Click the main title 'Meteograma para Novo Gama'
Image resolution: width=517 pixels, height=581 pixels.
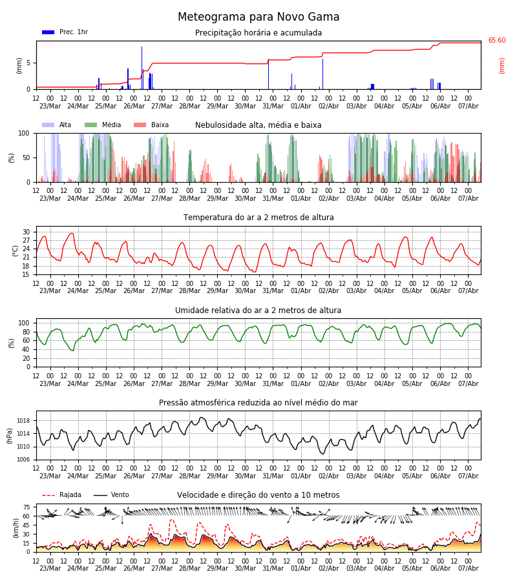pos(258,17)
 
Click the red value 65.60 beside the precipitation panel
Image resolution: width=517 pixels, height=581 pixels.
pos(496,41)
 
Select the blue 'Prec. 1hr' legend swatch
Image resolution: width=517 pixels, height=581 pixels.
pos(48,32)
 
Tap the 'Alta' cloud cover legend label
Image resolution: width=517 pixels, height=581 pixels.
pos(65,125)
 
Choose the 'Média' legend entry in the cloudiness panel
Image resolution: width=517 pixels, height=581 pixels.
pos(111,125)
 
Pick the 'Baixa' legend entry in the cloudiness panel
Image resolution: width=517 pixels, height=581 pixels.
pos(160,125)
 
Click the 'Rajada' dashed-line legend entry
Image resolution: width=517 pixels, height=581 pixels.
pos(70,494)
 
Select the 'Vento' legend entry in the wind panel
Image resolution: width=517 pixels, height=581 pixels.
pos(120,494)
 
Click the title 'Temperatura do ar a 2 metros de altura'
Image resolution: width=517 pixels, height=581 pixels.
pos(258,218)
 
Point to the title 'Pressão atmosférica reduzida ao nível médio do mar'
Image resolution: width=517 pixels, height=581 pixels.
pos(258,403)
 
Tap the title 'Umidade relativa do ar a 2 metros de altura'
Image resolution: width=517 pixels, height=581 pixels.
pos(258,310)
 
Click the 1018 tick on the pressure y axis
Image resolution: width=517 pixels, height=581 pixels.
pos(23,421)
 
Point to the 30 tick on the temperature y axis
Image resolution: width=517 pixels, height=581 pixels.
pos(26,232)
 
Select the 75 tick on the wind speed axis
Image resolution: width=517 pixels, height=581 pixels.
pos(26,507)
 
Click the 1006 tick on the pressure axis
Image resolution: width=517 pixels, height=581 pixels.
pos(23,460)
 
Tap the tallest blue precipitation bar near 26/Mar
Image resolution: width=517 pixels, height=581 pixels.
pos(142,68)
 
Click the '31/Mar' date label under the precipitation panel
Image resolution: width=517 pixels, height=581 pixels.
pos(273,106)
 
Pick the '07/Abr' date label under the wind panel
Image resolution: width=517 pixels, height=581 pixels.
pos(469,568)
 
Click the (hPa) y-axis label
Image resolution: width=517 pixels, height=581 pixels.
pos(10,436)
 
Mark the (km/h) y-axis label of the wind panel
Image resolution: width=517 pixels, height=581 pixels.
pos(16,528)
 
